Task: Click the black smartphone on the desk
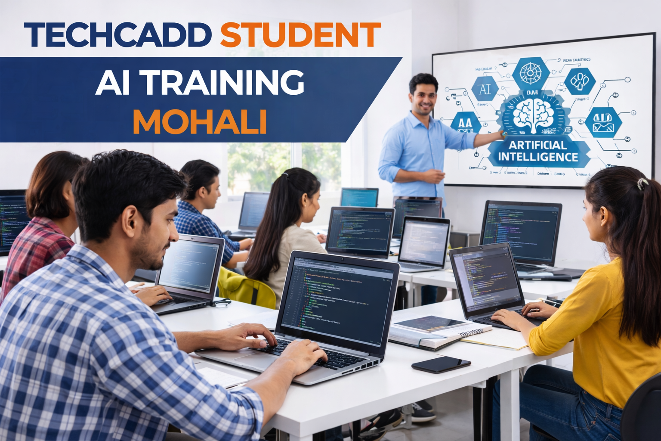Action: pyautogui.click(x=441, y=364)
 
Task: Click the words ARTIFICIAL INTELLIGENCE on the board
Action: pyautogui.click(x=538, y=151)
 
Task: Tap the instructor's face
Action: pyautogui.click(x=424, y=96)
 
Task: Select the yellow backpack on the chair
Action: pyautogui.click(x=247, y=286)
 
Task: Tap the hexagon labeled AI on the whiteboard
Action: pyautogui.click(x=485, y=90)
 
